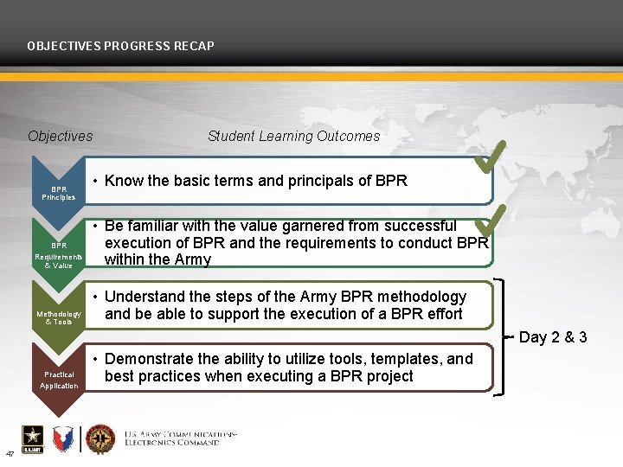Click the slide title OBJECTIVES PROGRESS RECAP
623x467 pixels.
(120, 45)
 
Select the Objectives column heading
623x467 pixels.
(60, 136)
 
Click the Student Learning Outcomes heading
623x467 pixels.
(293, 136)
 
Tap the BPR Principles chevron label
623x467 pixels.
(59, 193)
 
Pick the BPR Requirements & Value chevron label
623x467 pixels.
(59, 255)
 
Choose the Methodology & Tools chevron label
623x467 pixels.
(59, 317)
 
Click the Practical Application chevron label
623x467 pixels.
(59, 380)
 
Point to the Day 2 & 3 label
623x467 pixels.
(553, 337)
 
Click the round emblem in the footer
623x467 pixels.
(100, 439)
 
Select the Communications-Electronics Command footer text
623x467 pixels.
(180, 438)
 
